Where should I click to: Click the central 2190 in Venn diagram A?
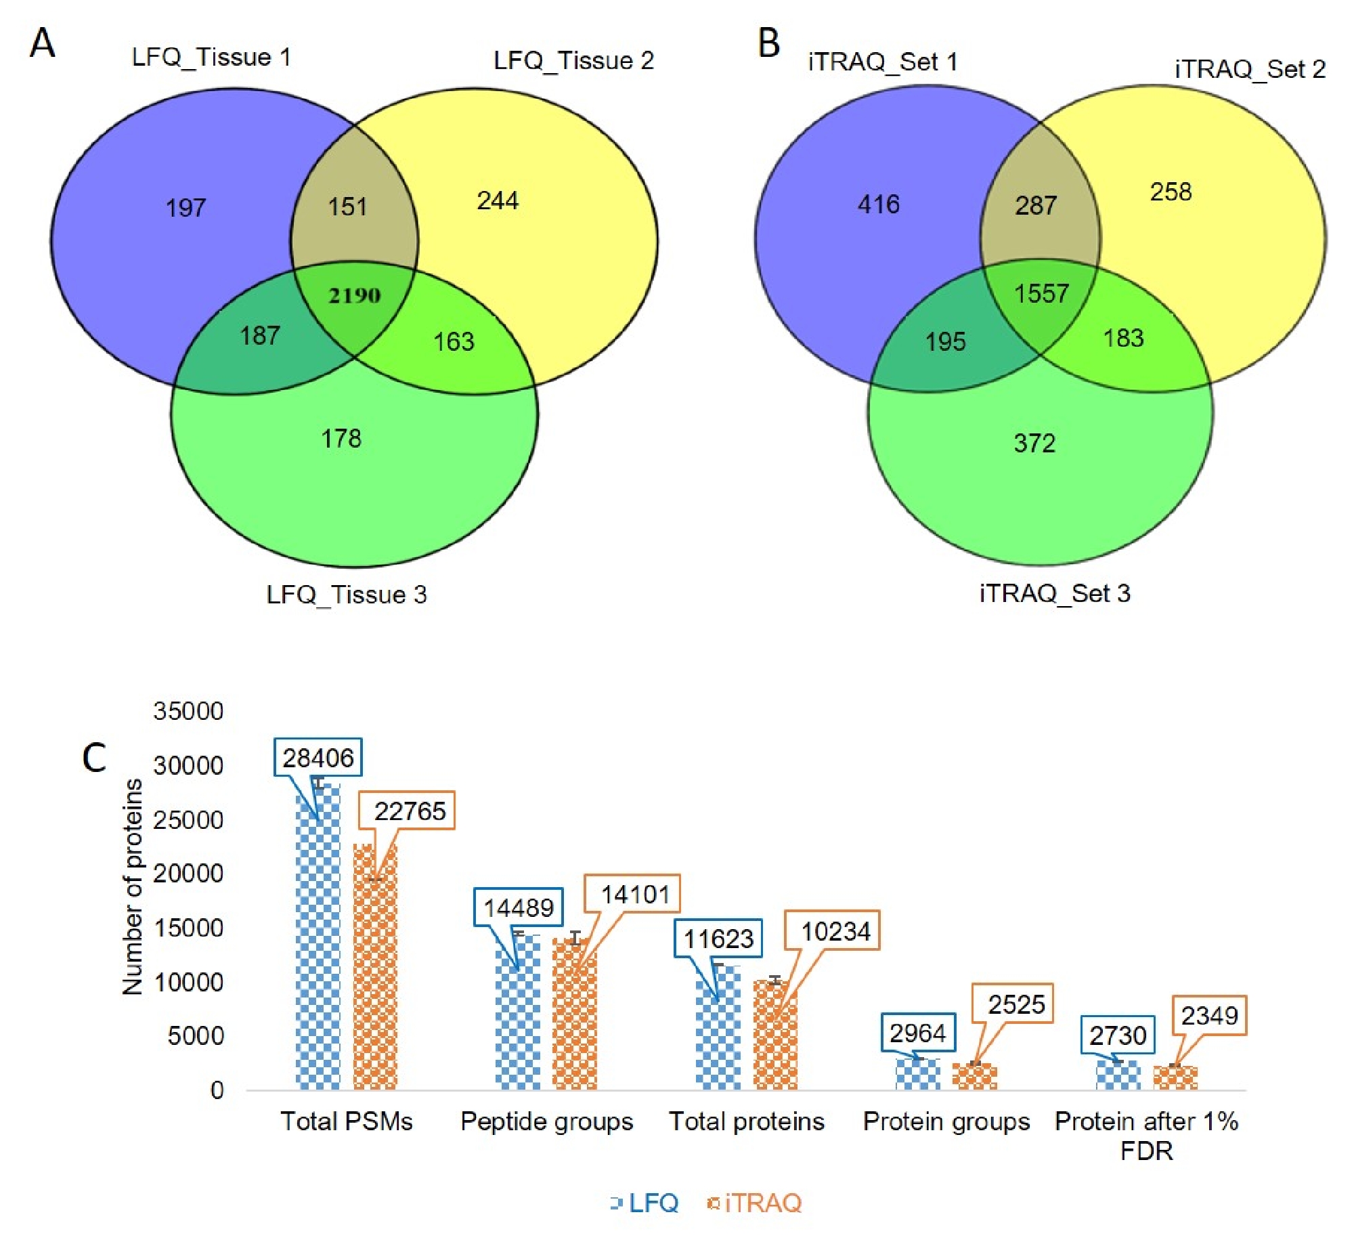click(x=354, y=295)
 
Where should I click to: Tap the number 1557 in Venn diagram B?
click(x=1041, y=293)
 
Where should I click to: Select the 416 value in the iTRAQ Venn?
click(x=878, y=204)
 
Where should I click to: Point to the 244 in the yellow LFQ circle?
click(x=498, y=200)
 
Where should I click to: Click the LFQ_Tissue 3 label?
click(x=347, y=595)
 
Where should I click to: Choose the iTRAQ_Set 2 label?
click(x=1250, y=69)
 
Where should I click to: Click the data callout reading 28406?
click(x=318, y=758)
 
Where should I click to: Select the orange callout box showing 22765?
click(x=410, y=811)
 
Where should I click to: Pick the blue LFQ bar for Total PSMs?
click(x=318, y=948)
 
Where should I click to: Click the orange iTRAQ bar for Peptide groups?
click(x=574, y=1016)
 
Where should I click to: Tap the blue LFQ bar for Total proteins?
click(x=718, y=1029)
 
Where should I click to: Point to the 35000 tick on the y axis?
click(x=188, y=711)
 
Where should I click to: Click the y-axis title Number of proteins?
click(x=133, y=887)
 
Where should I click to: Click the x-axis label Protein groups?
click(x=946, y=1121)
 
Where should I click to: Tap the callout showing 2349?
click(x=1209, y=1016)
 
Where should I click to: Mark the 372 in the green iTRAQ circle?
click(x=1034, y=443)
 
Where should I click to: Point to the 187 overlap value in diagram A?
click(x=260, y=335)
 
